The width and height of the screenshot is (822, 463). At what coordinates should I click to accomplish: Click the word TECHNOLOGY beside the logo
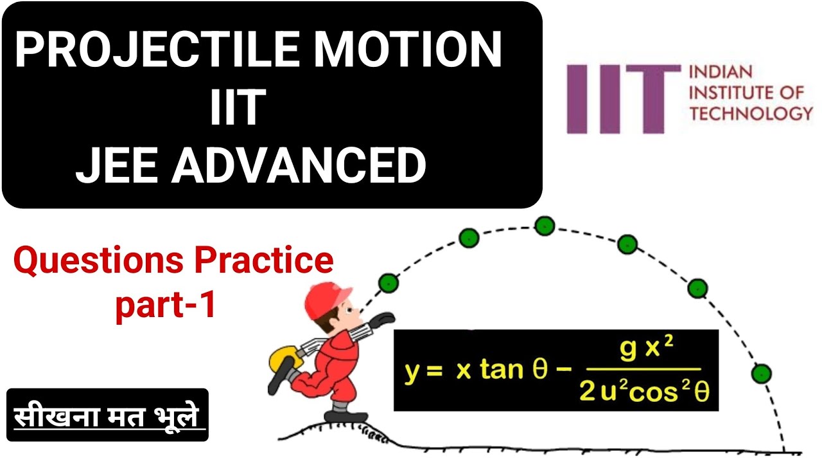(751, 114)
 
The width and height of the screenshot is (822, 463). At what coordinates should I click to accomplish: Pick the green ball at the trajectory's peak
(545, 225)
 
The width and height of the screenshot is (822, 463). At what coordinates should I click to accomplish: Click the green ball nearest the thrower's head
(389, 282)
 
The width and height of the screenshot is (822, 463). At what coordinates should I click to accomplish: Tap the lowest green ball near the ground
(762, 373)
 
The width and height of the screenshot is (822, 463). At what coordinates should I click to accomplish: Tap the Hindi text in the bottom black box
(107, 415)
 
